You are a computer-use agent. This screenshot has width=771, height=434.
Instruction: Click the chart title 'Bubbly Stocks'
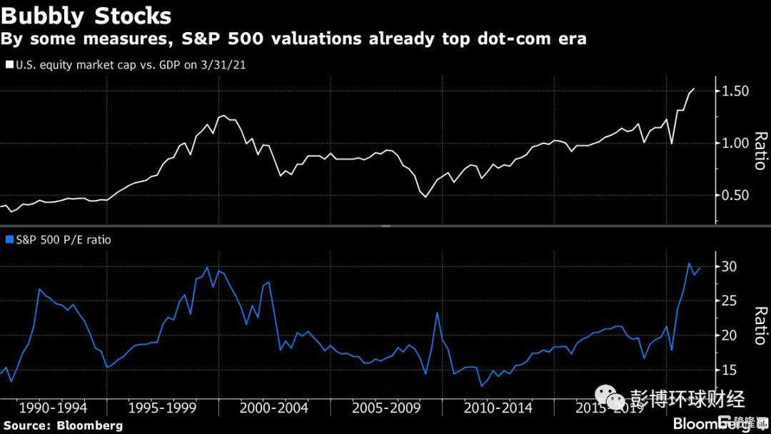click(x=86, y=16)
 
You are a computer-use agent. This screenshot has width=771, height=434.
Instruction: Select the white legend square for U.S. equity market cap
click(x=9, y=64)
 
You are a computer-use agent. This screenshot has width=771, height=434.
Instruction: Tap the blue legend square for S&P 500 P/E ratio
click(x=9, y=240)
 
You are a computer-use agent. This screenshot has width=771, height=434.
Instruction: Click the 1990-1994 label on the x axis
click(x=54, y=408)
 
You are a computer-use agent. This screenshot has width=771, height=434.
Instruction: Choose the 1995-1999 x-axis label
click(x=163, y=408)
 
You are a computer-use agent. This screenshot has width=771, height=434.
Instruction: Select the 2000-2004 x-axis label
click(x=274, y=408)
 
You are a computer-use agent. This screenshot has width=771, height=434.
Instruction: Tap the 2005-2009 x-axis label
click(x=386, y=408)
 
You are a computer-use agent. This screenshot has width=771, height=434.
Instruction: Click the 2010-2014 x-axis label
click(x=498, y=408)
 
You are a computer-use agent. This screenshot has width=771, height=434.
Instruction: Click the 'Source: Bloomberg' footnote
click(x=63, y=425)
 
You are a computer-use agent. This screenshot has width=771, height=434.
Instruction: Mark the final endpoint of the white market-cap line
click(x=694, y=89)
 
